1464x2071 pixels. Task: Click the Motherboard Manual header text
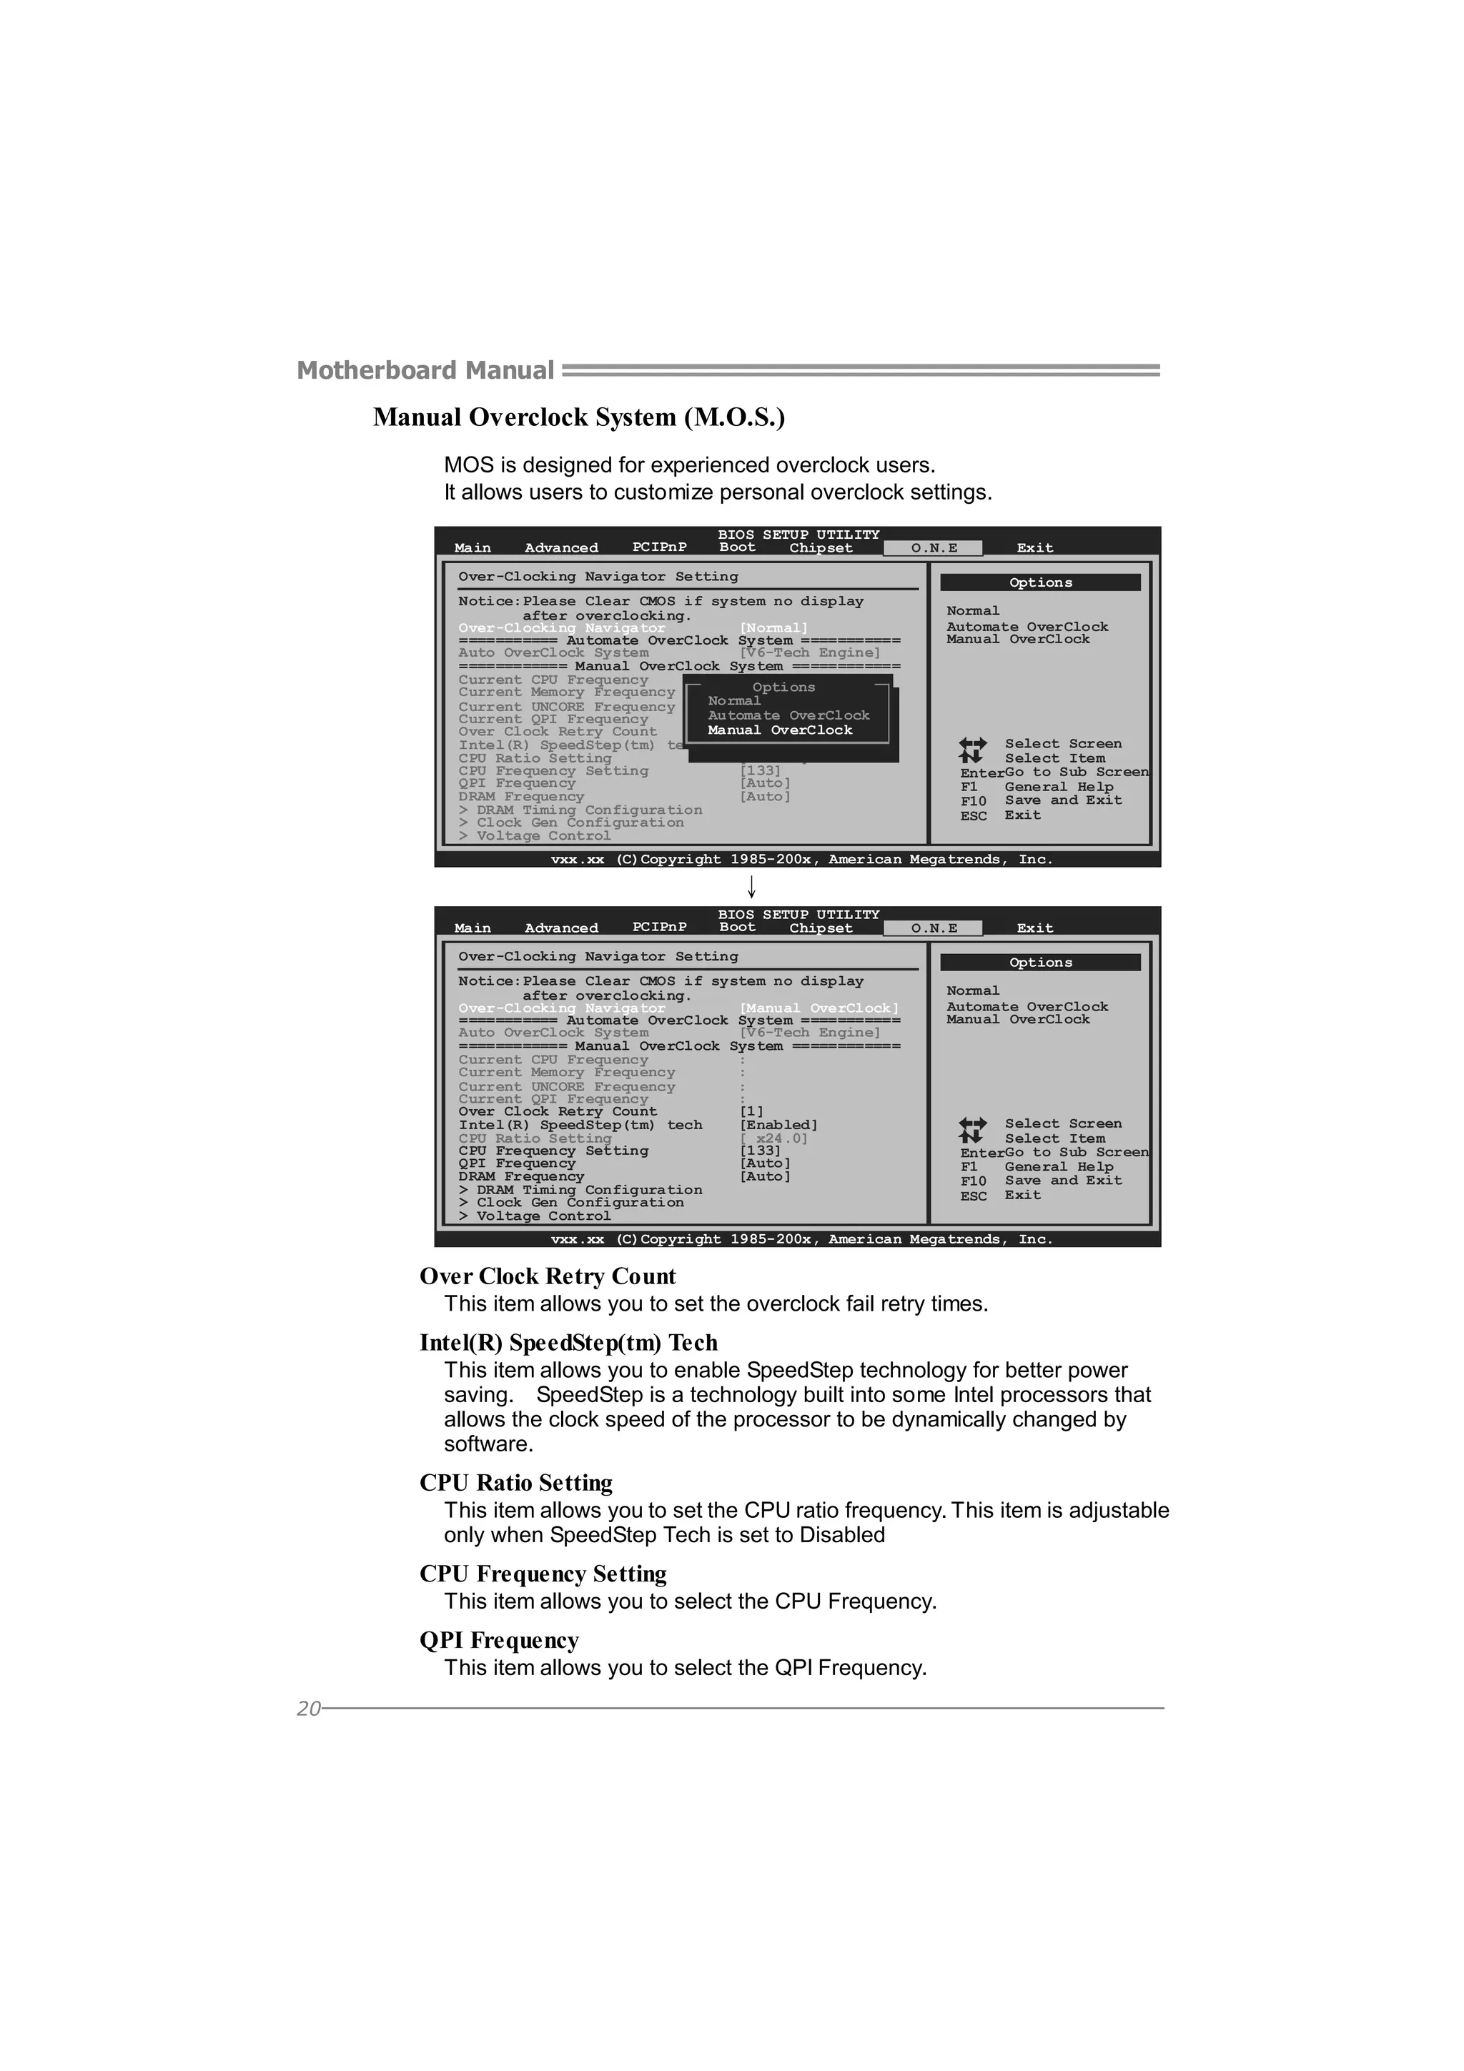point(425,371)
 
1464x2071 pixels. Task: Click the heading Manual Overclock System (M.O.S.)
point(579,417)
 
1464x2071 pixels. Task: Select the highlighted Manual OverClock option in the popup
point(779,730)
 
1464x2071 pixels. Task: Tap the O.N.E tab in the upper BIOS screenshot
point(934,547)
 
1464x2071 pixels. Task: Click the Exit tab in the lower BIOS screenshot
point(1034,928)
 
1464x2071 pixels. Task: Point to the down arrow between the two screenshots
point(751,887)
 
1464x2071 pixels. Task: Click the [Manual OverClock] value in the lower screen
point(818,1008)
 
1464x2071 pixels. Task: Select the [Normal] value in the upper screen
point(773,627)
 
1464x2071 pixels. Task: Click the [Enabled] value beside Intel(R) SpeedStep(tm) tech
point(778,1125)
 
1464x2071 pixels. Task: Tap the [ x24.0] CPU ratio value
point(773,1138)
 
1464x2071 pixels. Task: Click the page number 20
point(309,1709)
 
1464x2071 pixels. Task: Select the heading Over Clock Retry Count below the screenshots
point(548,1276)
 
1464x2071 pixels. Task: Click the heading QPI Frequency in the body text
point(499,1640)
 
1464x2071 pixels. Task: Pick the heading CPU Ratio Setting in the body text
point(516,1483)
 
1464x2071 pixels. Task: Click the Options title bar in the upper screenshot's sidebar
point(1040,582)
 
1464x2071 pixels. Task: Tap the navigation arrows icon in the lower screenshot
point(972,1131)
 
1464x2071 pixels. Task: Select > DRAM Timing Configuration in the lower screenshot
point(580,1190)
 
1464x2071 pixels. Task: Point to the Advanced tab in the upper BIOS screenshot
point(561,547)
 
